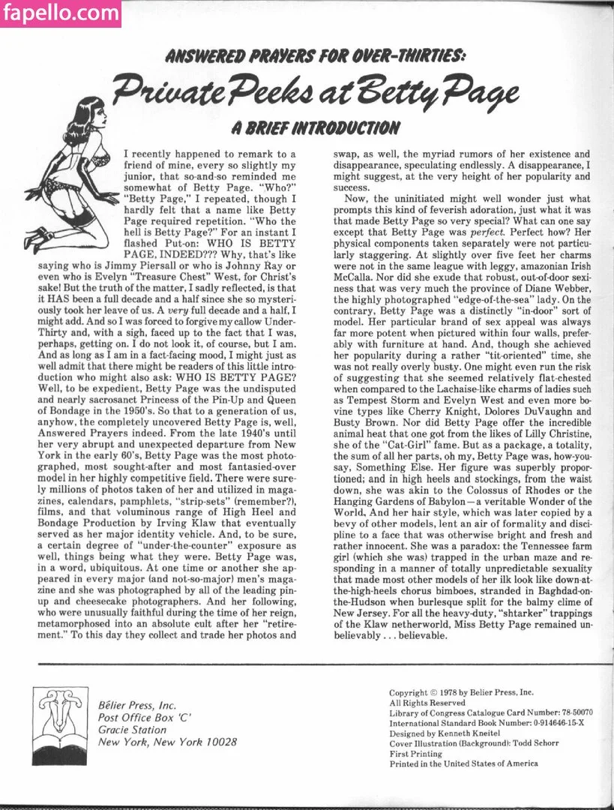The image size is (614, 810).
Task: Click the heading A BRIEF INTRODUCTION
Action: pyautogui.click(x=314, y=127)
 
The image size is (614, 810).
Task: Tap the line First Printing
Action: pyautogui.click(x=415, y=754)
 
